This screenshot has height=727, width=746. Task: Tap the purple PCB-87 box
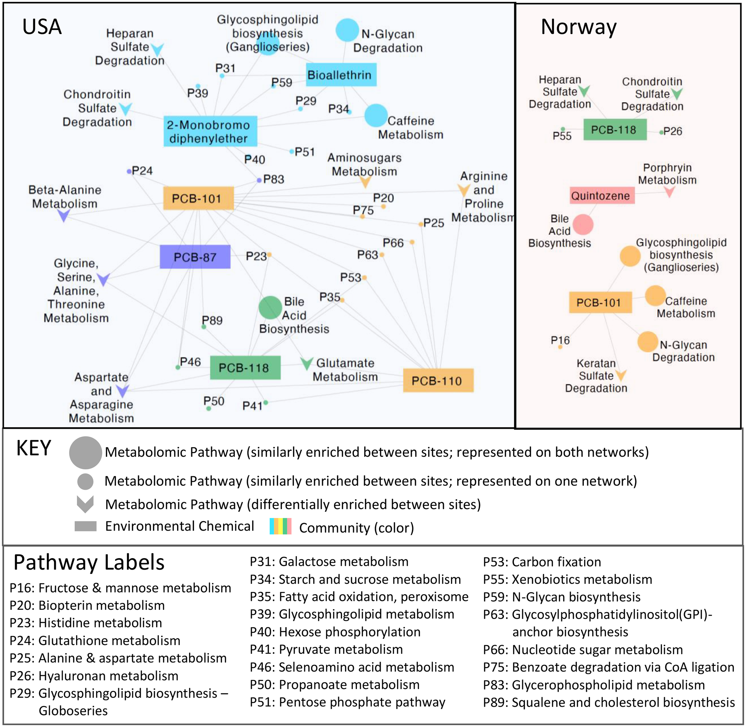pyautogui.click(x=195, y=257)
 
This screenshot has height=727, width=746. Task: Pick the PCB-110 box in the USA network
pyautogui.click(x=438, y=381)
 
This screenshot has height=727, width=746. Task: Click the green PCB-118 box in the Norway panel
pyautogui.click(x=615, y=130)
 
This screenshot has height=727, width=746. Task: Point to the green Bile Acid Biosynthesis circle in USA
pyautogui.click(x=270, y=307)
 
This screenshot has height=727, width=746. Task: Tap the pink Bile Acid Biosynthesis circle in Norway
pyautogui.click(x=583, y=224)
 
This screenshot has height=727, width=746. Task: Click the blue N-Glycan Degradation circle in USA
pyautogui.click(x=347, y=30)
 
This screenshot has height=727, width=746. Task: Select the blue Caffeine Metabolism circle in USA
pyautogui.click(x=376, y=115)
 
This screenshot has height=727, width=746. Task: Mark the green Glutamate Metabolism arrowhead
pyautogui.click(x=306, y=363)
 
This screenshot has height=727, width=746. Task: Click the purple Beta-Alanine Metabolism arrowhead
pyautogui.click(x=64, y=216)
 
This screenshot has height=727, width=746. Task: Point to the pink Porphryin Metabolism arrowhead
pyautogui.click(x=669, y=191)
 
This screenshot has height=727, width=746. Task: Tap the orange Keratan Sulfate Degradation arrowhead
pyautogui.click(x=621, y=375)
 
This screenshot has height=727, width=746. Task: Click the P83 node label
pyautogui.click(x=274, y=179)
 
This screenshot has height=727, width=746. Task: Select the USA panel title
pyautogui.click(x=42, y=27)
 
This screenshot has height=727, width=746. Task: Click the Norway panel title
pyautogui.click(x=578, y=27)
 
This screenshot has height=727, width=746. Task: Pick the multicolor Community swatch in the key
pyautogui.click(x=280, y=526)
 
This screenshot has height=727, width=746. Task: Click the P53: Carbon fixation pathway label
pyautogui.click(x=542, y=562)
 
